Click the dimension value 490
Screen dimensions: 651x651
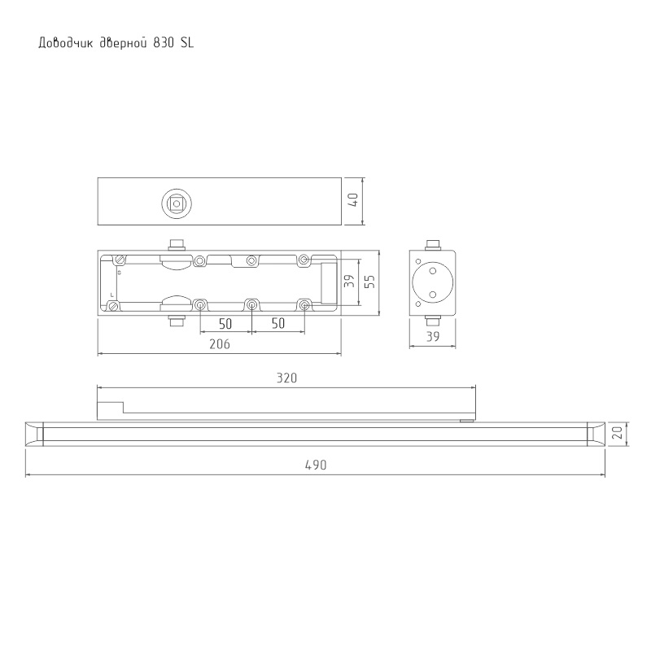(x=316, y=465)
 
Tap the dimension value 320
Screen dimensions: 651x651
(x=287, y=378)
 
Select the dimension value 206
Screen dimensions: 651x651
(x=220, y=344)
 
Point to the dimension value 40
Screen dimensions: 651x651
(x=353, y=201)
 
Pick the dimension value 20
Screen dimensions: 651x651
(x=618, y=434)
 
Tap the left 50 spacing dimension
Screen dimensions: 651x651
(x=225, y=324)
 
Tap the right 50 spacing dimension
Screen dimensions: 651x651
(x=278, y=323)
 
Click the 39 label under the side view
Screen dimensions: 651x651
(x=433, y=337)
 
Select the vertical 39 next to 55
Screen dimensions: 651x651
(x=350, y=281)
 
